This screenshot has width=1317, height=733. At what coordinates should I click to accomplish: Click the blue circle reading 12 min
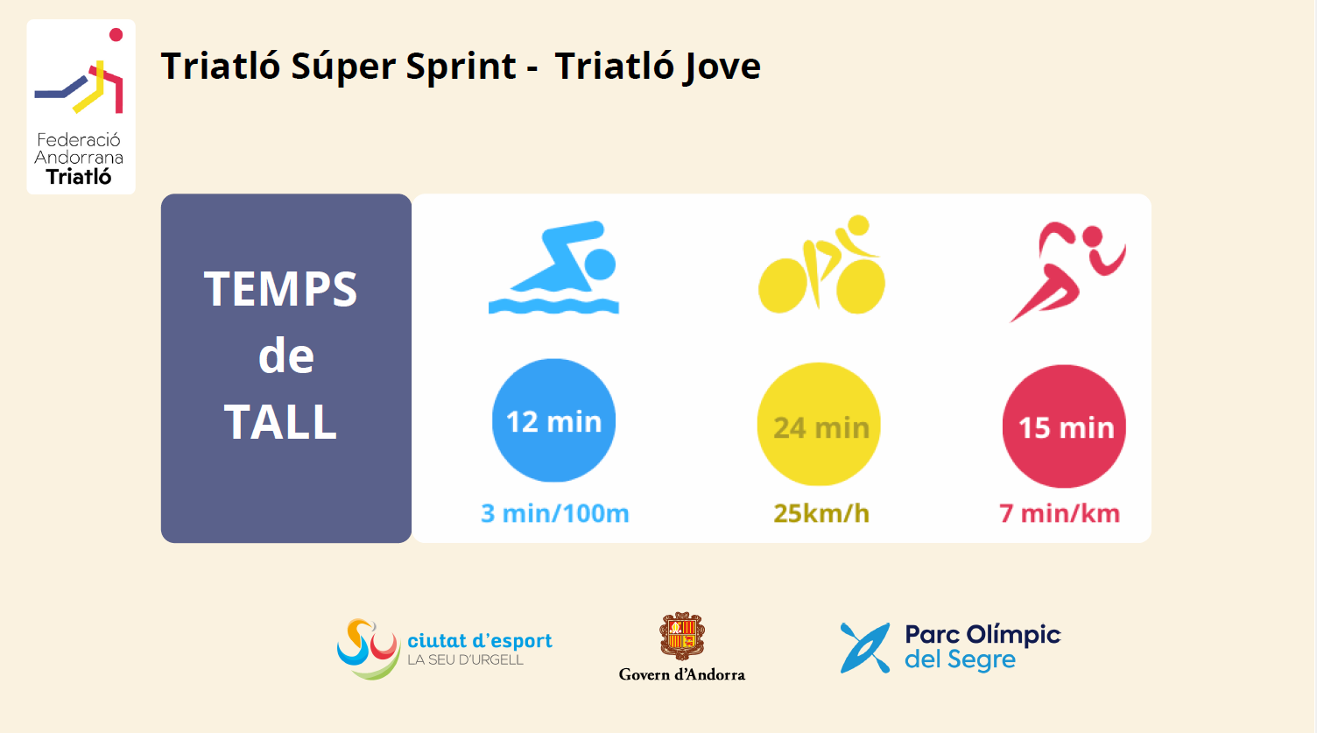[553, 420]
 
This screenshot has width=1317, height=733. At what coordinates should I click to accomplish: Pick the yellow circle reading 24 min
[819, 425]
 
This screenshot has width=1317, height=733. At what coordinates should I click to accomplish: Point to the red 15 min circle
[1064, 426]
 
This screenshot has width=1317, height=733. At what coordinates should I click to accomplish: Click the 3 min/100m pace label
[555, 513]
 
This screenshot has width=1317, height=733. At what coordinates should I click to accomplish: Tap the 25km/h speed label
[821, 513]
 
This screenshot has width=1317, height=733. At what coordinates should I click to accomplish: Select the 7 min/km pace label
[1060, 513]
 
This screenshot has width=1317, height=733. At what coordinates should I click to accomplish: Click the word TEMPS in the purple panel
[280, 289]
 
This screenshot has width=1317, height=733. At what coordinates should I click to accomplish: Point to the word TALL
[280, 421]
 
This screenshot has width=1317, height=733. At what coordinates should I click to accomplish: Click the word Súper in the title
[343, 66]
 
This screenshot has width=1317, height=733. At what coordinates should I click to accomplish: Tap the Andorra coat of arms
[682, 636]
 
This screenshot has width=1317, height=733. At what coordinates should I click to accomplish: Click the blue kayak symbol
[865, 648]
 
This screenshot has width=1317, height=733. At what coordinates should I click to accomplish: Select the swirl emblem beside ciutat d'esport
[369, 649]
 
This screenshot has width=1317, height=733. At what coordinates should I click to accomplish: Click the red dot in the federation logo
[116, 35]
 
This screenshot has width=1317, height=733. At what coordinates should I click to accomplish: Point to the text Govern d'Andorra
[682, 674]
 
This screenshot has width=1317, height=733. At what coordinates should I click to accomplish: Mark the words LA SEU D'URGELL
[465, 659]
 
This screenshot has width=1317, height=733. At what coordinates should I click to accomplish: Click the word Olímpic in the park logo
[1014, 635]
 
